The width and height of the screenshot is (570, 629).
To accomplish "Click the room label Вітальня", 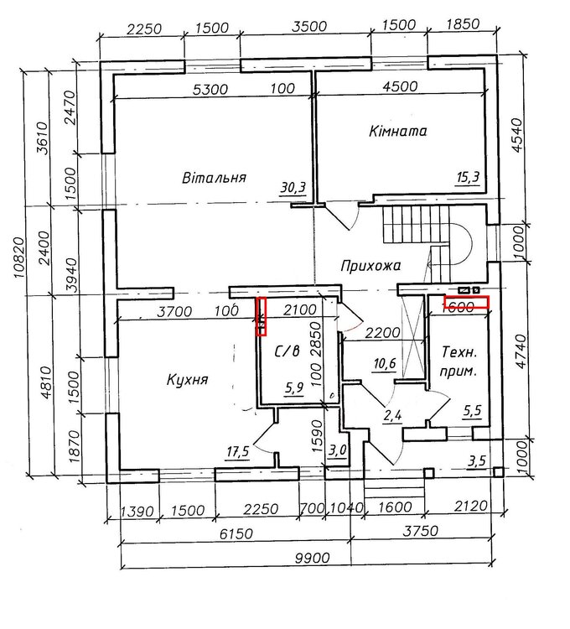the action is pyautogui.click(x=214, y=177).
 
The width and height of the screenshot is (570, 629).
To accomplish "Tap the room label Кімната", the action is pyautogui.click(x=397, y=131).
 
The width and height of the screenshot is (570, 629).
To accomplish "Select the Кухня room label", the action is pyautogui.click(x=187, y=379).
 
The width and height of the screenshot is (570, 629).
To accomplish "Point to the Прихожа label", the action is pyautogui.click(x=370, y=266).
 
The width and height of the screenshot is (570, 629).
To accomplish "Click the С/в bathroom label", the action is pyautogui.click(x=287, y=351).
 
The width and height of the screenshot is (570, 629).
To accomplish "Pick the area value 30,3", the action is pyautogui.click(x=293, y=187).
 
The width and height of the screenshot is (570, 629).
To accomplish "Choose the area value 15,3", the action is pyautogui.click(x=468, y=177).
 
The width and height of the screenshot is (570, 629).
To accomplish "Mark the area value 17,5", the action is pyautogui.click(x=238, y=452).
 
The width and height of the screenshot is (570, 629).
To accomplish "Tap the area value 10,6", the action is pyautogui.click(x=385, y=364).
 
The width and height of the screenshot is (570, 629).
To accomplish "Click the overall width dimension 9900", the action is pyautogui.click(x=312, y=558).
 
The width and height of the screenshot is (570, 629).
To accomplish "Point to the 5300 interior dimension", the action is pyautogui.click(x=210, y=89).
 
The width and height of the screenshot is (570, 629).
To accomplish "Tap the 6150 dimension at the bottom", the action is pyautogui.click(x=236, y=534).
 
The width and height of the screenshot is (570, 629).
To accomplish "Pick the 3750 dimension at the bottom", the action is pyautogui.click(x=421, y=531).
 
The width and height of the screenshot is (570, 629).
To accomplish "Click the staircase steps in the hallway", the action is pyautogui.click(x=417, y=225).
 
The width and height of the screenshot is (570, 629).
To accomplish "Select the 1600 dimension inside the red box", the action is pyautogui.click(x=458, y=307).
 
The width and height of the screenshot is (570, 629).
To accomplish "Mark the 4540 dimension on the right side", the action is pyautogui.click(x=518, y=134).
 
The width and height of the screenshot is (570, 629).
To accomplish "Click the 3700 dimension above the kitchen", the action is pyautogui.click(x=174, y=312).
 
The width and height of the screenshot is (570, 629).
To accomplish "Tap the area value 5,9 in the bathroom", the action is pyautogui.click(x=294, y=388).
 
